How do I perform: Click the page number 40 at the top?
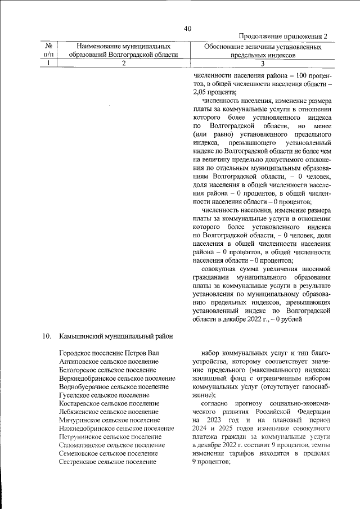(187, 29)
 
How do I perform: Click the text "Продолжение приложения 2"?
(283, 37)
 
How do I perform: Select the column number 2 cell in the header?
(123, 64)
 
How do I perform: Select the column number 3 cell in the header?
(262, 64)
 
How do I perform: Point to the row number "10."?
(47, 336)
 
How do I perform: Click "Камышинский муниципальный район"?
(115, 336)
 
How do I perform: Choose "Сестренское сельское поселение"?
(107, 462)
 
